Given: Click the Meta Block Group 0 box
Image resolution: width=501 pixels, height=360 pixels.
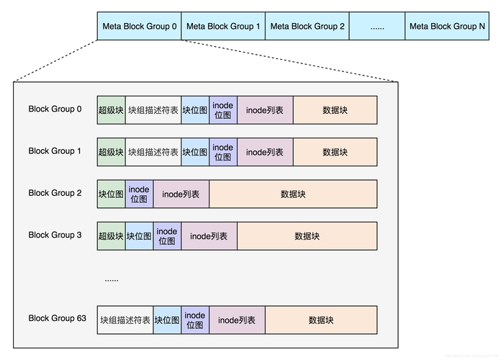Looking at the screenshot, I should coord(139,26).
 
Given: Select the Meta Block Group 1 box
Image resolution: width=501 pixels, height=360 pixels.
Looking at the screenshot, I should coord(223,26).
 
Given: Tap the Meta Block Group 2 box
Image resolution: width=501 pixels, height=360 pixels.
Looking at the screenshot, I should coord(307,26).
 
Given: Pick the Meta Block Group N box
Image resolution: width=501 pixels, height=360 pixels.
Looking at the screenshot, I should coord(447,26).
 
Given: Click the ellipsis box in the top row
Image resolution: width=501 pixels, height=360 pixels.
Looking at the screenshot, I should coord(377,26).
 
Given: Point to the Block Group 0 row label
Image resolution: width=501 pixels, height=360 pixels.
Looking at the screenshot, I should coord(55,109).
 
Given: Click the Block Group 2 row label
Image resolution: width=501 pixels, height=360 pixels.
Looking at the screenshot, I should coord(55,193).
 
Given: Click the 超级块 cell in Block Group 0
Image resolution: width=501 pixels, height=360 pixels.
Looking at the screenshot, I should coord(111,110).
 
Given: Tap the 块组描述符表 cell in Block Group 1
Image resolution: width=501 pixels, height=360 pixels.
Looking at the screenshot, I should coord(153,152).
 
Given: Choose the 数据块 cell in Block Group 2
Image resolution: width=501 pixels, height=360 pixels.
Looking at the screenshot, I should coord(293,194).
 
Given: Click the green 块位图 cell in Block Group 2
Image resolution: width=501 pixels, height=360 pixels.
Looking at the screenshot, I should coord(111,194).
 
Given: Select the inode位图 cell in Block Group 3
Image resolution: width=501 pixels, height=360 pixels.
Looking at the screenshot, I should coord(167,236).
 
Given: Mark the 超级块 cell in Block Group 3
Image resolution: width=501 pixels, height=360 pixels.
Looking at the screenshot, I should coord(111,236).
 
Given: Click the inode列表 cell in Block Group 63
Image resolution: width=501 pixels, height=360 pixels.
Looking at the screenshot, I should coord(237,320).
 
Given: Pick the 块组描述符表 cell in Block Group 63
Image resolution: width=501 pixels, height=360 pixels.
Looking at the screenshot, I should coord(125,320).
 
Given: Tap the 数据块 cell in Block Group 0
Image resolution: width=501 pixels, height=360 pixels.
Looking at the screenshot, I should coord(335,110).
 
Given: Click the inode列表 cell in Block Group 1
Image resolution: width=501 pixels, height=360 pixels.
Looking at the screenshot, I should coord(265,152).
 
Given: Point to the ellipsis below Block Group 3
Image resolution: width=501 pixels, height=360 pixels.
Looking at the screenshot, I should coord(112,279).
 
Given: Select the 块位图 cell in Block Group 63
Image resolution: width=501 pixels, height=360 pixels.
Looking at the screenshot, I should coord(167,320).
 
